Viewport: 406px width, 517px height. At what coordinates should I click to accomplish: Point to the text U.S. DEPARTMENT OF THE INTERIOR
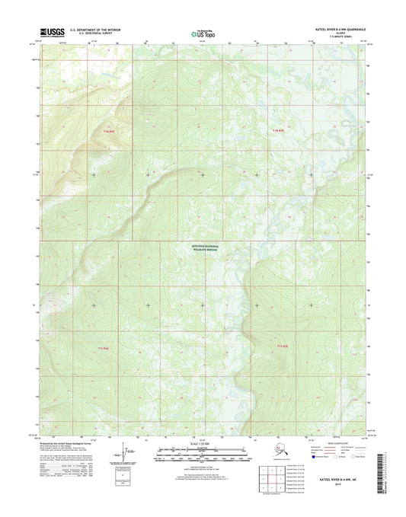pyautogui.click(x=96, y=30)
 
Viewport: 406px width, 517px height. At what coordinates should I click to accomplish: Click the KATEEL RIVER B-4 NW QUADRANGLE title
pyautogui.click(x=334, y=30)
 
